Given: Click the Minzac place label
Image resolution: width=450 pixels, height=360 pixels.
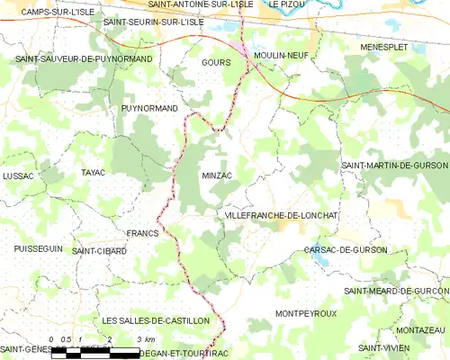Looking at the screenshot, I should tap(218, 175).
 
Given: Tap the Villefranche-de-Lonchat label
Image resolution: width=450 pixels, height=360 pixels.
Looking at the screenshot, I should tap(278, 216).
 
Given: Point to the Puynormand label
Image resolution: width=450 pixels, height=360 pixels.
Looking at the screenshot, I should tap(148, 108).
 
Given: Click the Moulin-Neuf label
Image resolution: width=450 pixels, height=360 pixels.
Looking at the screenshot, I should tap(282, 55).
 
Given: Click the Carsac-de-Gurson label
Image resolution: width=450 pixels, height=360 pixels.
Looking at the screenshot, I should tap(346, 249).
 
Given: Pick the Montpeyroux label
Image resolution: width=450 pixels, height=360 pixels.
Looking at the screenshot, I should tap(306, 313).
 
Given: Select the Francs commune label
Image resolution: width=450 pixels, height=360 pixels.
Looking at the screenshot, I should tap(142, 233).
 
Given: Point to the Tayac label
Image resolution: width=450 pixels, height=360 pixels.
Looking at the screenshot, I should tap(94, 172).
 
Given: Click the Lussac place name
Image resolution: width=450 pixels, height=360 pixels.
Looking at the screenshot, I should tap(18, 175).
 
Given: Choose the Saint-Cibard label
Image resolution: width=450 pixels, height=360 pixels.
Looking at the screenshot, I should tap(99, 251).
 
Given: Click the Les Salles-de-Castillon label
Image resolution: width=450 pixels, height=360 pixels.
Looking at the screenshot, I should tap(156, 320).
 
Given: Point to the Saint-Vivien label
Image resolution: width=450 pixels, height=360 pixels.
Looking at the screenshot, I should tap(382, 347).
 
